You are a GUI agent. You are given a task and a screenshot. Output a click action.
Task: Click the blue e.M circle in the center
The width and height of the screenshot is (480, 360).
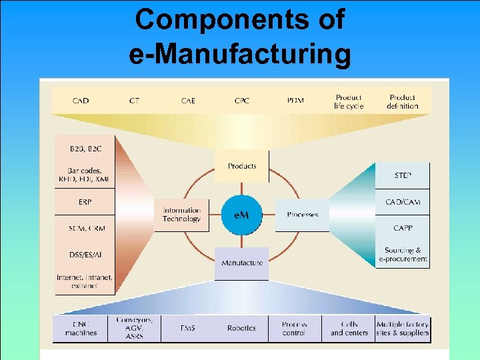241,215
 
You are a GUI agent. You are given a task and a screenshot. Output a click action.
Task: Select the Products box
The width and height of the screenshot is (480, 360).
241,166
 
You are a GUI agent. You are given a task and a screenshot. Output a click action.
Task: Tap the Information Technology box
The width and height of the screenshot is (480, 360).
181,215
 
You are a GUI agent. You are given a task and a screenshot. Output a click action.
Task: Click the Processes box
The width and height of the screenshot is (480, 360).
302,215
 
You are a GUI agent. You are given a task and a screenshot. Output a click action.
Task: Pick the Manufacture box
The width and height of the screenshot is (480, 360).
241,263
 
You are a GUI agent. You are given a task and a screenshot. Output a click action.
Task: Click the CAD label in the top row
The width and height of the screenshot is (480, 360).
80,101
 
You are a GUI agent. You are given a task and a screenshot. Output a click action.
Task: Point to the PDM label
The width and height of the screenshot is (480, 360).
295,101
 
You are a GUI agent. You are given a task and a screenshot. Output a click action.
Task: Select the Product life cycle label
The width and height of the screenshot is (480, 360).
349,101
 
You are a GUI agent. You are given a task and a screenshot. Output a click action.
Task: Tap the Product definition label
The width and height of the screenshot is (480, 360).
402,101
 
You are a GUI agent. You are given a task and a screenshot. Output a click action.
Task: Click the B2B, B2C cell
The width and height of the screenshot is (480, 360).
85,148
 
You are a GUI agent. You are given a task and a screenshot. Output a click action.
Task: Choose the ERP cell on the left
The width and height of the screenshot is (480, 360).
85,201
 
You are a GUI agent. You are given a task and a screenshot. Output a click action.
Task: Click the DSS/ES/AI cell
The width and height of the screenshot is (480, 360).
85,254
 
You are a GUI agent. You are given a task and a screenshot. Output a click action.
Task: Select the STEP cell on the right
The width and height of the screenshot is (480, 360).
403,175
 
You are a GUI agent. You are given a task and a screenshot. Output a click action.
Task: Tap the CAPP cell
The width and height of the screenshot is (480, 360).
403,228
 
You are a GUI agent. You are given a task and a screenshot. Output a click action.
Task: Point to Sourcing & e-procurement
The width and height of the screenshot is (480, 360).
403,255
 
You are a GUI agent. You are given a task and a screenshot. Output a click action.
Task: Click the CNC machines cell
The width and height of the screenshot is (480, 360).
81,328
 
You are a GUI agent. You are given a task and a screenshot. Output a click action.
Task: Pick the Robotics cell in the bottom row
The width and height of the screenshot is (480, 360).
241,328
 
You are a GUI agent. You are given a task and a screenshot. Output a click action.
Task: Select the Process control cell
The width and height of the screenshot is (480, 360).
294,328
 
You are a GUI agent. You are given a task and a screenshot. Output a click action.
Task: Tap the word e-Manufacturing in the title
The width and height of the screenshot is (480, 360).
240,53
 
